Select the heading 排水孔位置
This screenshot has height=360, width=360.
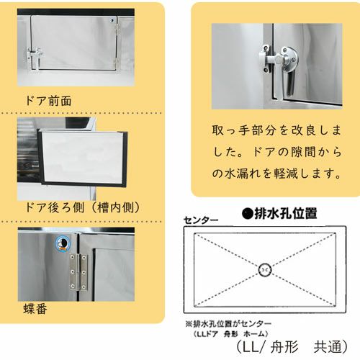tap(287, 214)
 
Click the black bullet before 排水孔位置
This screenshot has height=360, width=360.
tap(246, 214)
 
